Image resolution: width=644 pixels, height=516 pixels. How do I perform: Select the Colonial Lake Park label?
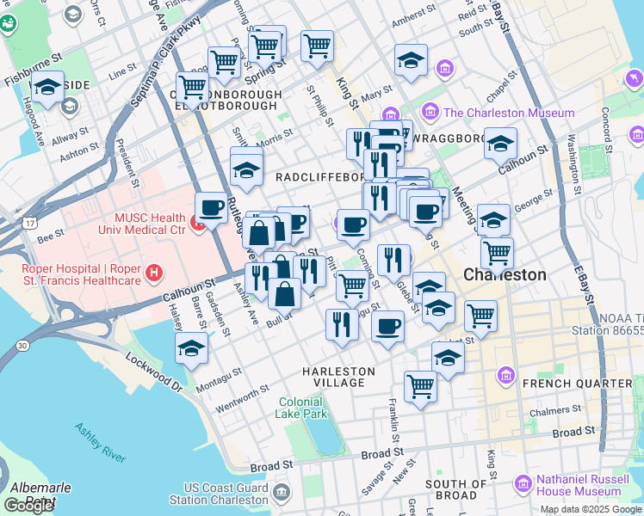(301, 407)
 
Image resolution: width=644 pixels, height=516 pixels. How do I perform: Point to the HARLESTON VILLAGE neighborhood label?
(338, 372)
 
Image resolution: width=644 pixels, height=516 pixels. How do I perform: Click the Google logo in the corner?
(29, 506)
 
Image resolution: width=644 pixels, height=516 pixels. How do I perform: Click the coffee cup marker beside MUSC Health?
(211, 207)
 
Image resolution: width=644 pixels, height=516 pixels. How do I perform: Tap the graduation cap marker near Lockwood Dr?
(191, 348)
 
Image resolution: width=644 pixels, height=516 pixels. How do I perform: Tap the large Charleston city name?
(505, 274)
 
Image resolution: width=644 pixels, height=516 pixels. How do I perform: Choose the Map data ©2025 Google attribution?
(591, 509)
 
